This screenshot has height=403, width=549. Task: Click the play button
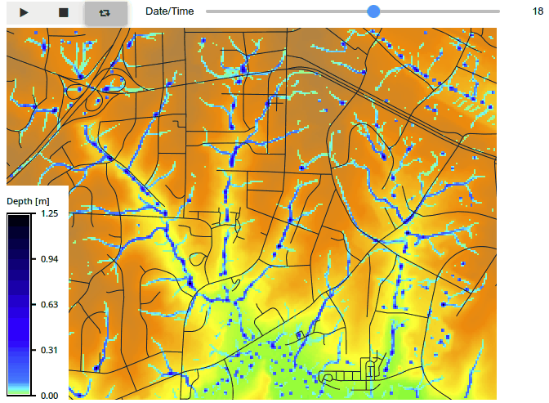(x=24, y=12)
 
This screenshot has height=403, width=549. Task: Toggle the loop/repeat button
(x=105, y=12)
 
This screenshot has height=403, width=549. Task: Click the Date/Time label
(x=170, y=11)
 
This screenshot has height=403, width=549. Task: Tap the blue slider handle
(x=373, y=11)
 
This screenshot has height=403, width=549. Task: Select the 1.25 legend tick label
(x=49, y=213)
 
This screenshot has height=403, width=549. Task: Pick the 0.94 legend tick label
(x=49, y=259)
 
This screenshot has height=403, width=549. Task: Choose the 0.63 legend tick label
(x=49, y=305)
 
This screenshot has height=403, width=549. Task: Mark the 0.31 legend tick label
(x=49, y=350)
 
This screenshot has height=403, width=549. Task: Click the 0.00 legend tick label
(x=49, y=396)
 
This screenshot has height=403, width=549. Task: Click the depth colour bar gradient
(x=20, y=304)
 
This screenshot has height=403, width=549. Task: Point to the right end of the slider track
(x=498, y=11)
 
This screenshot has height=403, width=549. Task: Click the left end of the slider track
(x=208, y=11)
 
